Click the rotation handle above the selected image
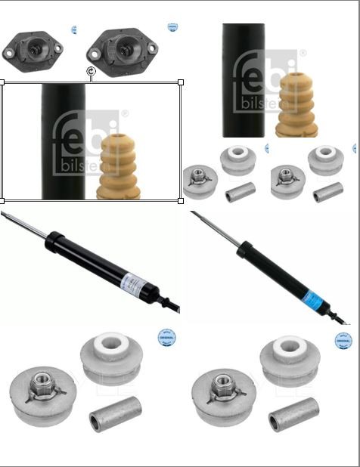pyautogui.click(x=91, y=72)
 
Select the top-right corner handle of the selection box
pyautogui.click(x=181, y=82)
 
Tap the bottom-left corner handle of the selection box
pyautogui.click(x=2, y=200)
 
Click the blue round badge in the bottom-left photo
pyautogui.click(x=165, y=337)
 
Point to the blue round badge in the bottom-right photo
pyautogui.click(x=344, y=337)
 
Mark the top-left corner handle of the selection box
pyautogui.click(x=2, y=82)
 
